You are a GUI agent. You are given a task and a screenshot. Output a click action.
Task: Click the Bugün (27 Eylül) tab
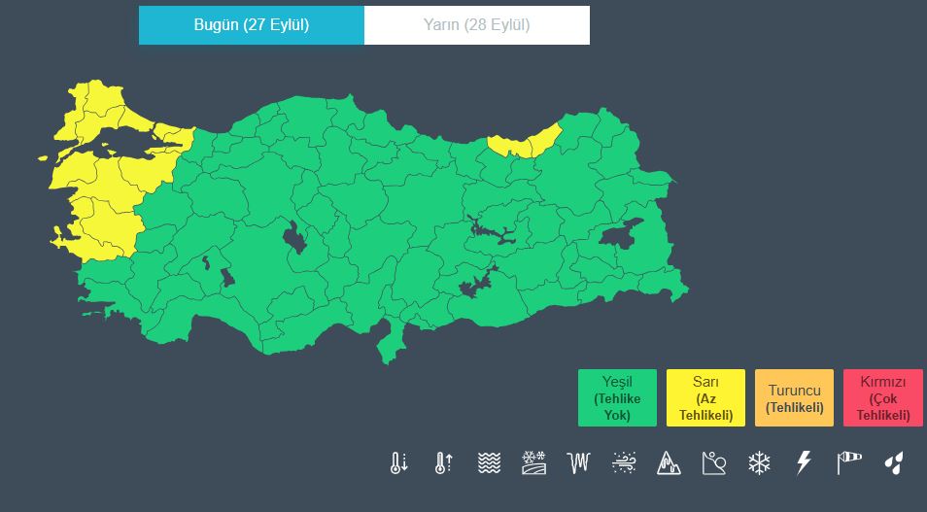click(251, 25)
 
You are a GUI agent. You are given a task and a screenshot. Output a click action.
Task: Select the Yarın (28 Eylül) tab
click(476, 25)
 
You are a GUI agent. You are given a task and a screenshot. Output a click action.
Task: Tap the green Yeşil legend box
click(617, 397)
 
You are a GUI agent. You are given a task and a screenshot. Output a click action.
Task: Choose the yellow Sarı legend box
click(705, 397)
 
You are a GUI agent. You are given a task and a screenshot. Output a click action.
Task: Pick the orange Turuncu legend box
click(794, 397)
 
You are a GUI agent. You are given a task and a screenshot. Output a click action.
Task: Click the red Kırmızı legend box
click(882, 397)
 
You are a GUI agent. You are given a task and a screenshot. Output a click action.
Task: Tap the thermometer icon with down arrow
click(398, 463)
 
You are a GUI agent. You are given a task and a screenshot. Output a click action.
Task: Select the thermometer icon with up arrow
click(443, 463)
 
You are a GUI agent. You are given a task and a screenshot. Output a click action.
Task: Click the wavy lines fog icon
click(489, 463)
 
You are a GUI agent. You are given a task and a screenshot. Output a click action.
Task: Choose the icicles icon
click(579, 463)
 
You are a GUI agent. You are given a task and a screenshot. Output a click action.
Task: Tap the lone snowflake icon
click(759, 463)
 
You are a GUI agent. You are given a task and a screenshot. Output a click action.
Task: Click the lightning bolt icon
click(804, 463)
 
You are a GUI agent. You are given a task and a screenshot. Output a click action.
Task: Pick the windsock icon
click(849, 463)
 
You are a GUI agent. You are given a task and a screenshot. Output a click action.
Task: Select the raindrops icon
click(893, 463)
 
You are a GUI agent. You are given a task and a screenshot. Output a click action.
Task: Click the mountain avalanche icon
click(669, 463)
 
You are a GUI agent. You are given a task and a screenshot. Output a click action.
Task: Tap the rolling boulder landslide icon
click(714, 463)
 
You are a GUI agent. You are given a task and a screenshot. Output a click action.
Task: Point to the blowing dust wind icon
click(624, 463)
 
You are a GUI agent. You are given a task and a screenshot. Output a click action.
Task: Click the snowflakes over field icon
click(533, 463)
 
